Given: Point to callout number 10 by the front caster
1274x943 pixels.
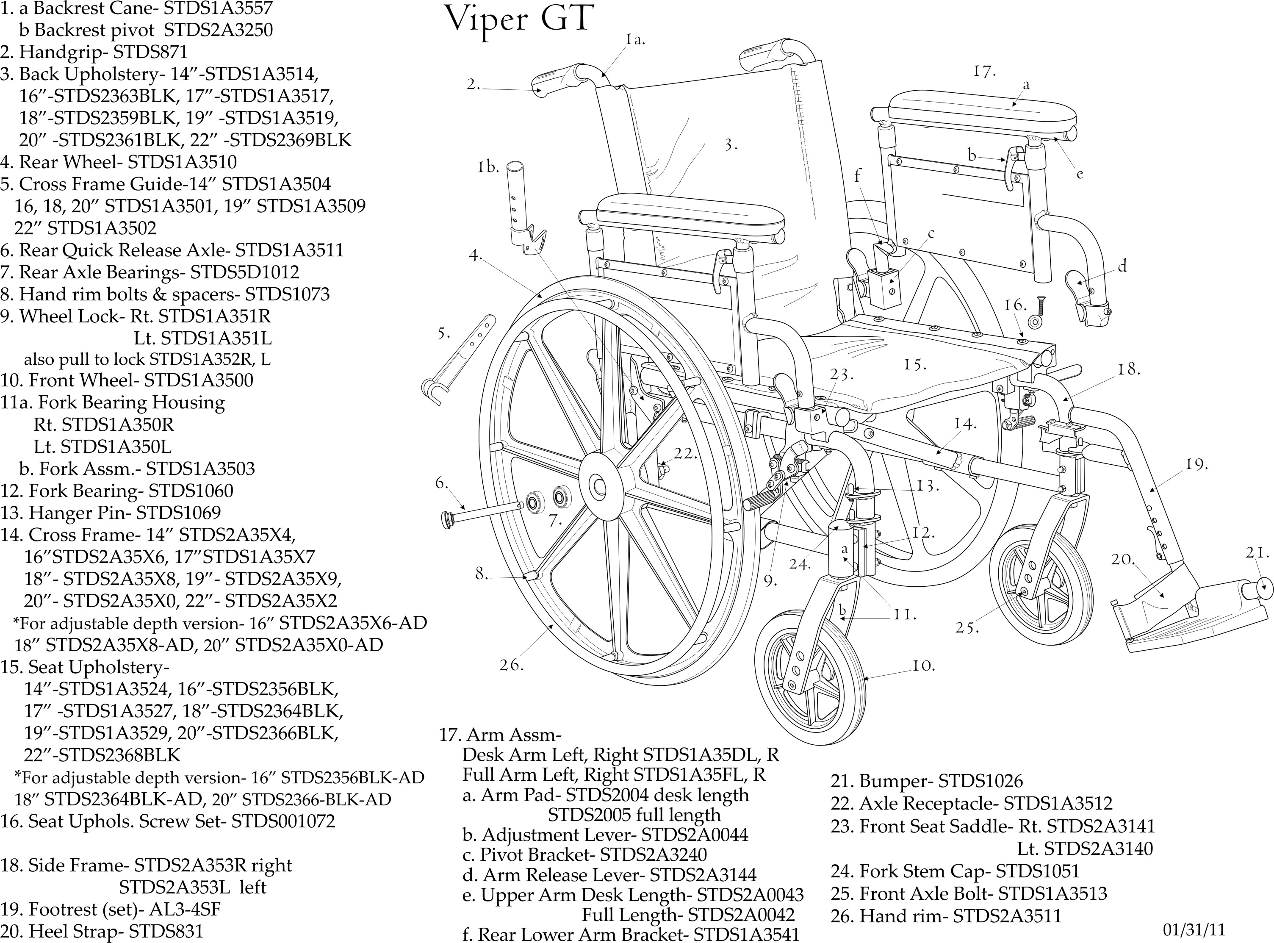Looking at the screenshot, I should pos(922,666).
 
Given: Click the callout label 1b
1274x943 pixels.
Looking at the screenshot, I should pos(488,168).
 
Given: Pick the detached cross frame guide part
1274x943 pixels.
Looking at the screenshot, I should pos(457,360).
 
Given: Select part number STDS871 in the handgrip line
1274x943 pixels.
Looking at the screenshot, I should pos(151,52).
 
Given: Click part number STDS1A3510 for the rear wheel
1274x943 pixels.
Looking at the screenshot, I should pos(182,162).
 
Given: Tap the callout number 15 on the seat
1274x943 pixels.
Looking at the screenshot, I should pos(914,365).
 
